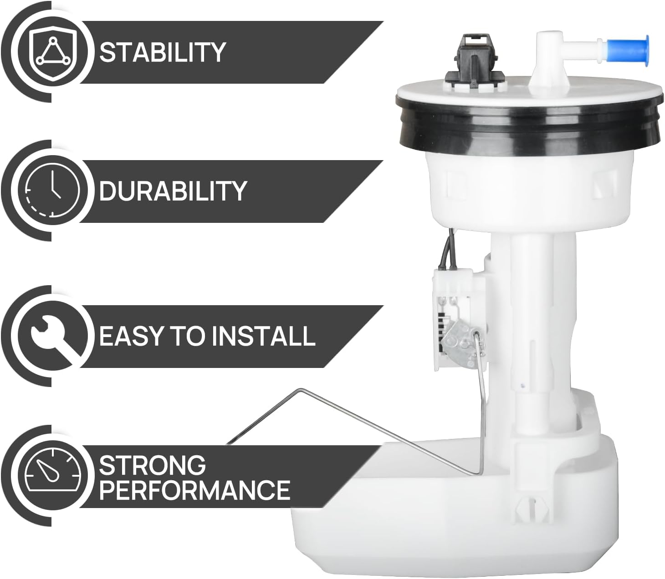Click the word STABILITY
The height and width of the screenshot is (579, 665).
coord(163,52)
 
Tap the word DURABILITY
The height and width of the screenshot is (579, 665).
coord(173,191)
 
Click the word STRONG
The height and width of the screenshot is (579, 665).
coord(152,465)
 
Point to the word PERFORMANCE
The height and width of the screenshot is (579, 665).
coord(194,490)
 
